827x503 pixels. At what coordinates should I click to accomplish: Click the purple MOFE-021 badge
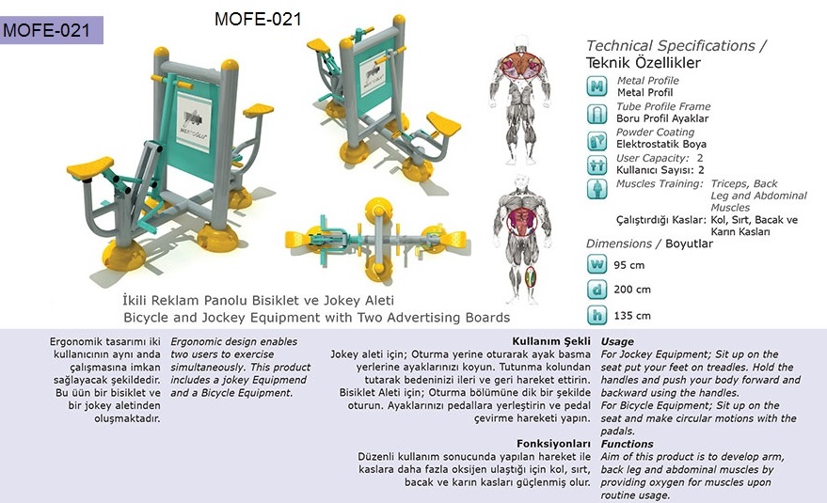point(51,30)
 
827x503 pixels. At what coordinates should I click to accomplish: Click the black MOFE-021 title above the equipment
point(258,20)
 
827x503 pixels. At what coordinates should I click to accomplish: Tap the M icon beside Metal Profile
point(596,86)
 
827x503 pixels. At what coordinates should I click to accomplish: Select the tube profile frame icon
point(596,113)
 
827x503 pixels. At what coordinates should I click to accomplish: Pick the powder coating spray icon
point(596,140)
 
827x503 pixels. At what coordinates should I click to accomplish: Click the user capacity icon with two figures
point(596,165)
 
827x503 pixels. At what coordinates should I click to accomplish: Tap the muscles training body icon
point(596,189)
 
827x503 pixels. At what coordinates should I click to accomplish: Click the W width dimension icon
point(596,263)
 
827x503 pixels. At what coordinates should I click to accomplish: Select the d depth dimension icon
point(596,289)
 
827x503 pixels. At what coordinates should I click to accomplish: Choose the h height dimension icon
point(596,315)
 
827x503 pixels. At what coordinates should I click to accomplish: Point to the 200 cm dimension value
point(632,290)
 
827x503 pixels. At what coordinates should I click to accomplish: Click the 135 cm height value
point(632,316)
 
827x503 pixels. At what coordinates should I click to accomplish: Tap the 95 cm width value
point(628,265)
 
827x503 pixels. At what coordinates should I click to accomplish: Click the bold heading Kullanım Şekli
point(551,341)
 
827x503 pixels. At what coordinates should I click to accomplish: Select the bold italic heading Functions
point(628,444)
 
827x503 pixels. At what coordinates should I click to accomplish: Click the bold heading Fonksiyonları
point(553,444)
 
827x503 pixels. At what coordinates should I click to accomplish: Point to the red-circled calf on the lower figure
point(530,276)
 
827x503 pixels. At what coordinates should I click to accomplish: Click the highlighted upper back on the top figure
point(521,66)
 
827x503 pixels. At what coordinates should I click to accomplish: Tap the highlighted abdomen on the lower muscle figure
point(521,222)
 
